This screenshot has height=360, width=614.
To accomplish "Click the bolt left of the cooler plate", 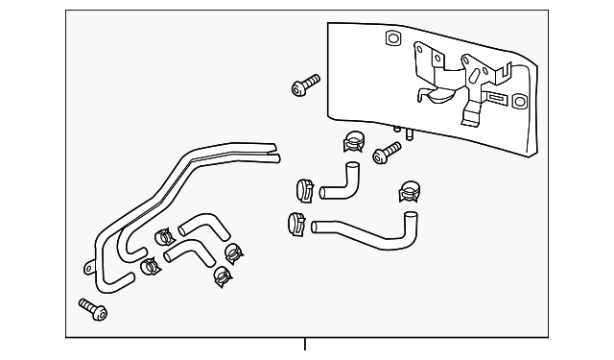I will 303,86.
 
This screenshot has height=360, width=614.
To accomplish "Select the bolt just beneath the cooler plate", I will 388,152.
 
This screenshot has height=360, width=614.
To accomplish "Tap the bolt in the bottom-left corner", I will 92,309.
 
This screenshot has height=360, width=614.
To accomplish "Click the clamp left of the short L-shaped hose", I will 306,187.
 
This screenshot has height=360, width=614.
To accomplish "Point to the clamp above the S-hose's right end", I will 411,192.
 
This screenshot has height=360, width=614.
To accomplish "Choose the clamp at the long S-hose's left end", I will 296,225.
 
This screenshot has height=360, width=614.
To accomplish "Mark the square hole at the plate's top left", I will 392,38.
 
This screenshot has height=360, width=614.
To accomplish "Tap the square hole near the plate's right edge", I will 519,101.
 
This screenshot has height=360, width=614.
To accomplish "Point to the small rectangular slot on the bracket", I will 496,98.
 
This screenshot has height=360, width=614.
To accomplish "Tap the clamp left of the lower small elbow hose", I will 150,266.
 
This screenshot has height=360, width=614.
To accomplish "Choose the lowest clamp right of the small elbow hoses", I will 221,276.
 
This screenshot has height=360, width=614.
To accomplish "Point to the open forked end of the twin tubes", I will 272,151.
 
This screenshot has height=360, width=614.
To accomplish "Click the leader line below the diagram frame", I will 305,345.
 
